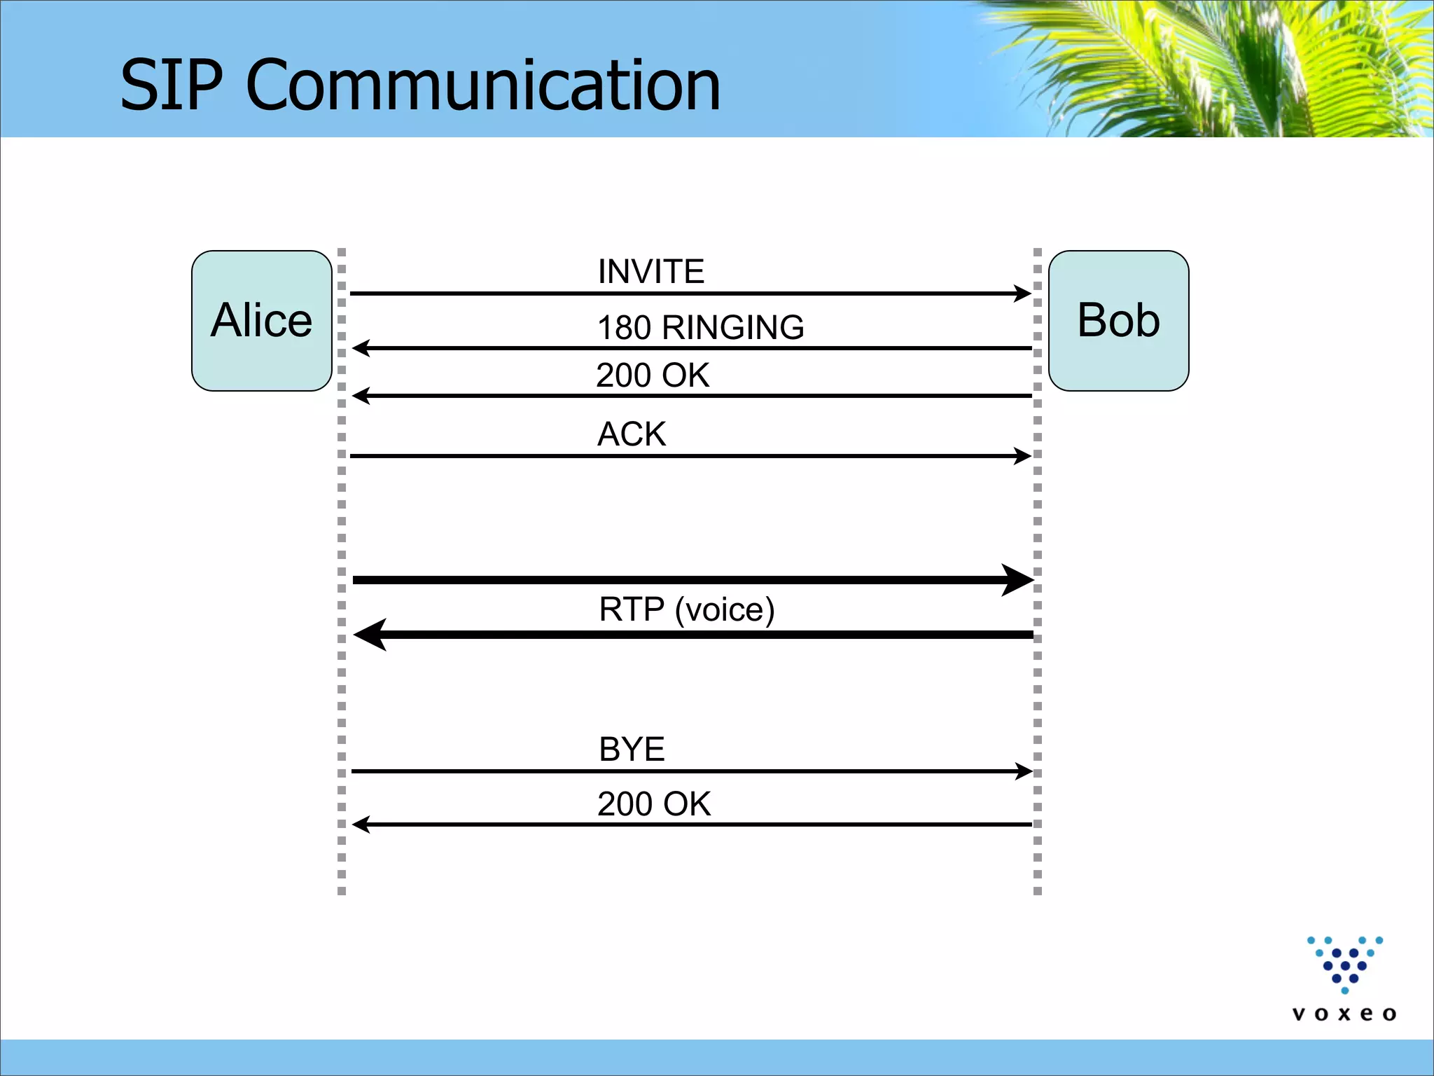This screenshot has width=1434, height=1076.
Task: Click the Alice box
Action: tap(261, 321)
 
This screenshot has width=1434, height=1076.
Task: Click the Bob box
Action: tap(1118, 321)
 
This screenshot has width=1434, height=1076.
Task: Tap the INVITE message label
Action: tap(650, 272)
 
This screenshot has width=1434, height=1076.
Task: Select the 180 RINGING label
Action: tap(700, 327)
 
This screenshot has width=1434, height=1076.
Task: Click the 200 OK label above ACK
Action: tap(653, 375)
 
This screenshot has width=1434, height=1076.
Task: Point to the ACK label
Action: tap(632, 434)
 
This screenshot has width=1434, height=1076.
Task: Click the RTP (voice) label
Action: tap(687, 609)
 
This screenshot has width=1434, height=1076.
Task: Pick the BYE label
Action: tap(632, 750)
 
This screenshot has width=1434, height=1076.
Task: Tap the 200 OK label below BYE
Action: tap(654, 803)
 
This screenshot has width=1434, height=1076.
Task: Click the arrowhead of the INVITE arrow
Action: tap(1024, 294)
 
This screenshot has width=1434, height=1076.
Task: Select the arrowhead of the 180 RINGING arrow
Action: tap(360, 348)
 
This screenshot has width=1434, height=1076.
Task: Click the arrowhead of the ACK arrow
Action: tap(1024, 456)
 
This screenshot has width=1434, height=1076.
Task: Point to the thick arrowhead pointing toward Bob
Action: tap(1019, 580)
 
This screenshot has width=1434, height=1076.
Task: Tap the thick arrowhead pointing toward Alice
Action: tap(370, 635)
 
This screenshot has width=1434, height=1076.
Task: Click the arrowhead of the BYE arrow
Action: tap(1024, 771)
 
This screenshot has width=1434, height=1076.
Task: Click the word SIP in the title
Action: tap(172, 85)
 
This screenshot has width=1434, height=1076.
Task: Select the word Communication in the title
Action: tap(483, 85)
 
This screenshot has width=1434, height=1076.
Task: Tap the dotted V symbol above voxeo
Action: tap(1345, 964)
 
